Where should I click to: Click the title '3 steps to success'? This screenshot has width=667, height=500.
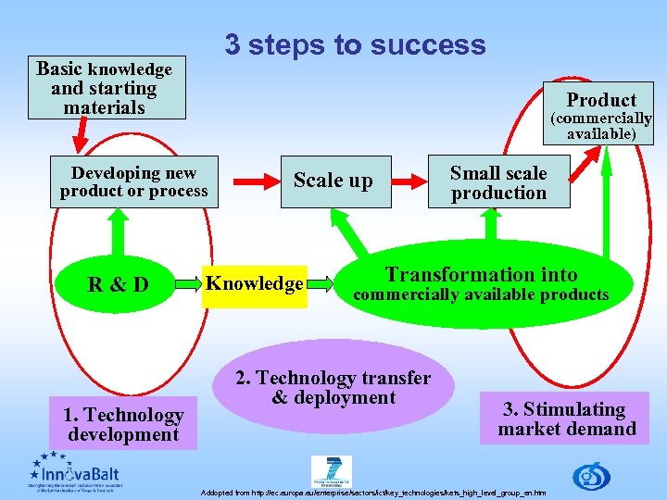(x=355, y=44)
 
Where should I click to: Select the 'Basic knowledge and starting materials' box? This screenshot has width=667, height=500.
(x=105, y=89)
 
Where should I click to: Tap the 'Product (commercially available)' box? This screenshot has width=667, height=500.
(x=601, y=112)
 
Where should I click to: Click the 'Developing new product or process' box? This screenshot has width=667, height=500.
(x=134, y=181)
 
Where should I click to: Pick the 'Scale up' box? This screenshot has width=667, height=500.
(x=333, y=181)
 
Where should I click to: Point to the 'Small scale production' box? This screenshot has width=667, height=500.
(x=498, y=182)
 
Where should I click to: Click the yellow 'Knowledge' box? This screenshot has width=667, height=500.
(x=255, y=283)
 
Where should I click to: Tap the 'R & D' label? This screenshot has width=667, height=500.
(x=118, y=283)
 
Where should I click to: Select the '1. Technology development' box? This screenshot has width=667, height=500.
(x=123, y=424)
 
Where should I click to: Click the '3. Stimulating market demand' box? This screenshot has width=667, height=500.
(x=566, y=419)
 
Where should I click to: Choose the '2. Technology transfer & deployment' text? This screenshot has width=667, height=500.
(x=333, y=388)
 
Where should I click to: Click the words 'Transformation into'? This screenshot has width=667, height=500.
(x=481, y=274)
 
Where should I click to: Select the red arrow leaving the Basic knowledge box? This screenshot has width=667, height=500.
(x=80, y=135)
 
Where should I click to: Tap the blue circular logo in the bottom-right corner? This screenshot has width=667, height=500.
(x=591, y=476)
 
